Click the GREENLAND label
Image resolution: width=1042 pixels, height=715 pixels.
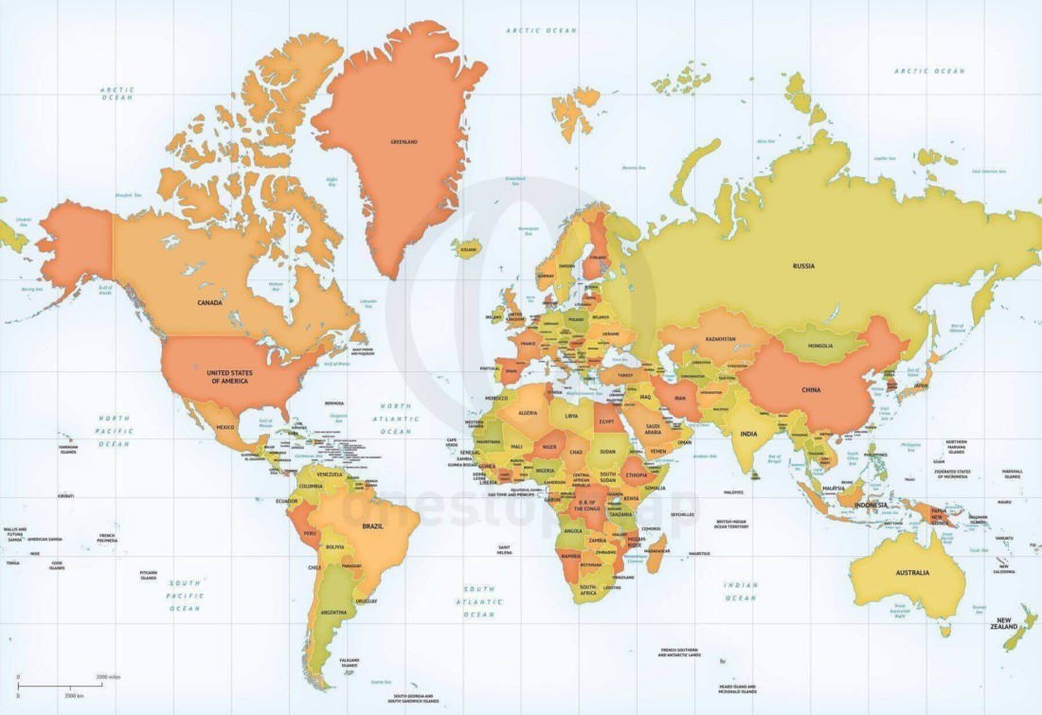[x=404, y=142]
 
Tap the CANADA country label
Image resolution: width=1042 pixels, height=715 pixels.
[x=209, y=303]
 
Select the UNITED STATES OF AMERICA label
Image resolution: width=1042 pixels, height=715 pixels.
[x=227, y=376]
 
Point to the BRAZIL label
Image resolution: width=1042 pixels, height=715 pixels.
[x=372, y=526]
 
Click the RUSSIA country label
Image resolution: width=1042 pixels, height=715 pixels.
[x=803, y=266]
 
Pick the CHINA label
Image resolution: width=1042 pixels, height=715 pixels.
[x=811, y=389]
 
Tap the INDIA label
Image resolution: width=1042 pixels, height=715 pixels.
[x=748, y=434]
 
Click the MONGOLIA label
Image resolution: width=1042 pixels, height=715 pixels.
[x=820, y=346]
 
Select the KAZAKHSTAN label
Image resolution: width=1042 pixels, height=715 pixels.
[x=720, y=338]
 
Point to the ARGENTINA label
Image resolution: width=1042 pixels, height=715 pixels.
[x=332, y=613]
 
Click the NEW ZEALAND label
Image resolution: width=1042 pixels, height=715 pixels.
[x=1004, y=624]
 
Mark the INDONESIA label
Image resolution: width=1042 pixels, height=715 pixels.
[x=871, y=505]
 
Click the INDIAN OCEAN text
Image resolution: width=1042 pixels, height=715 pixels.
[x=741, y=591]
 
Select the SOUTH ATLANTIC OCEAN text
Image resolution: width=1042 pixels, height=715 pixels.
[x=479, y=601]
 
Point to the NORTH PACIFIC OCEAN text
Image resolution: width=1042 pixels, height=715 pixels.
[x=116, y=431]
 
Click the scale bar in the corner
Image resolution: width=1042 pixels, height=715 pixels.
[x=59, y=685]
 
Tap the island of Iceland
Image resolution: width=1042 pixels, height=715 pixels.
[x=466, y=249]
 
